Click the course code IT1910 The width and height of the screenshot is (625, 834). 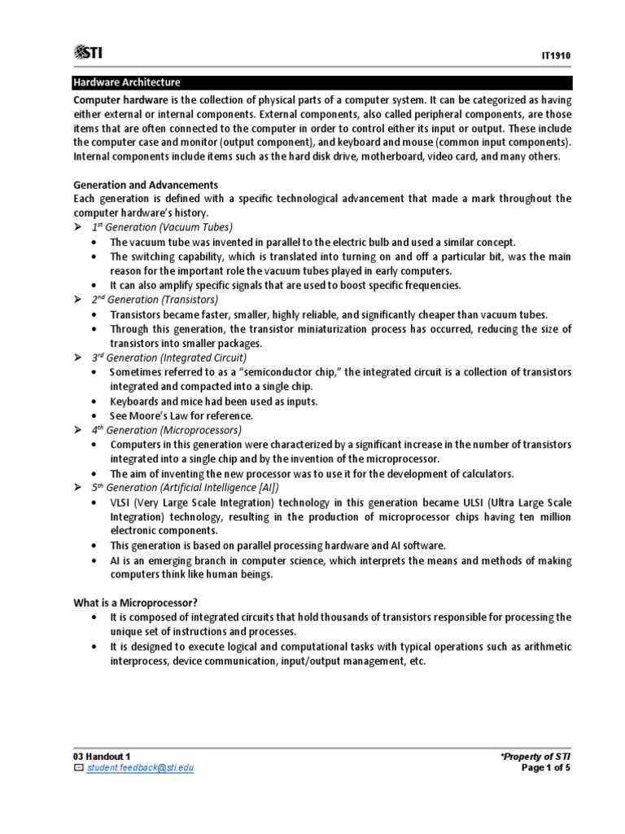coord(556,55)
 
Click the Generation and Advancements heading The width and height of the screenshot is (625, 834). coord(146,185)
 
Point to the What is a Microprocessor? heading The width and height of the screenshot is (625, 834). coord(135,603)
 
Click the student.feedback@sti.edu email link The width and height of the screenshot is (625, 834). coord(139,768)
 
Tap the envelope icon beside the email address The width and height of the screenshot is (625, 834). coord(78,768)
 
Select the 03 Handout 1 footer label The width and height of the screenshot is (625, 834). coord(103,757)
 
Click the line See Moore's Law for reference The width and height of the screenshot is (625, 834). coord(176,415)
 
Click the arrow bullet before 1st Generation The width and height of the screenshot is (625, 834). coord(78,226)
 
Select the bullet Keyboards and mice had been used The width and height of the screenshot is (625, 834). coord(213,402)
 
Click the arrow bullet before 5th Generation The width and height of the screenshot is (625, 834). coord(78,487)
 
